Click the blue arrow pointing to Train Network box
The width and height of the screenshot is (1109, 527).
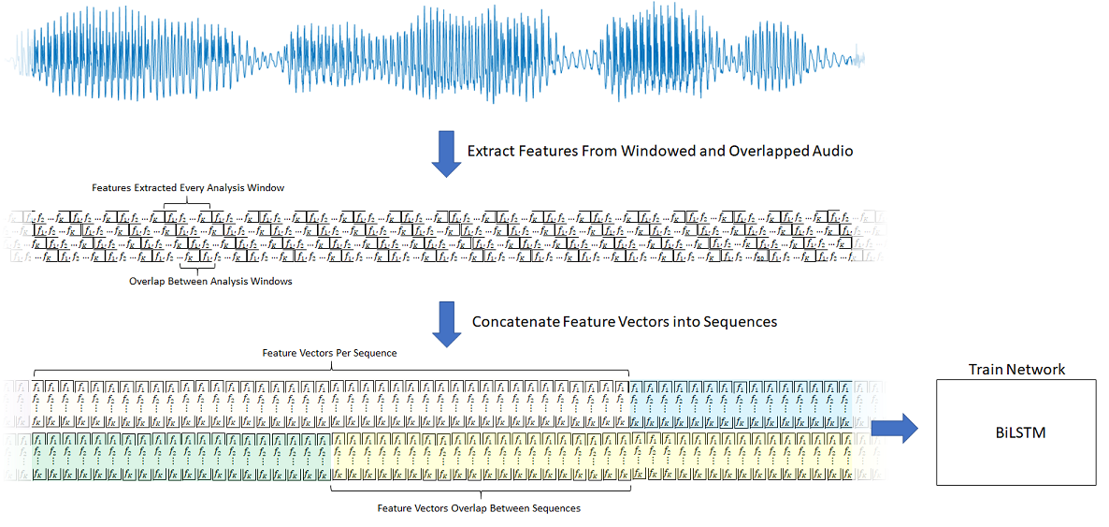pyautogui.click(x=894, y=430)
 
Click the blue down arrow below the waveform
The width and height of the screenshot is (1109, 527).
pyautogui.click(x=445, y=154)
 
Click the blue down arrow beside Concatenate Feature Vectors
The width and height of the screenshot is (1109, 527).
pyautogui.click(x=445, y=324)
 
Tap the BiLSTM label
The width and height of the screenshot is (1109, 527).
pyautogui.click(x=1015, y=432)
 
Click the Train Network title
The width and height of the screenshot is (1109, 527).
pyautogui.click(x=1015, y=369)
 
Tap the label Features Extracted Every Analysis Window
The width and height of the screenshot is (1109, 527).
pyautogui.click(x=188, y=187)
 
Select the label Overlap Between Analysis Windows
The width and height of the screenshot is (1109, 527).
pyautogui.click(x=210, y=281)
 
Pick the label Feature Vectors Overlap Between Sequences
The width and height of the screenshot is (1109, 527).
pyautogui.click(x=479, y=508)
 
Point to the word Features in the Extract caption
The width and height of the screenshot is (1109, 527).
pyautogui.click(x=552, y=150)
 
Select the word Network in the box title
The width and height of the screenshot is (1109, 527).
pyautogui.click(x=1035, y=369)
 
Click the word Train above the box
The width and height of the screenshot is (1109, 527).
pyautogui.click(x=985, y=369)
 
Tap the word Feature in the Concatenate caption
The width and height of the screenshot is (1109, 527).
pyautogui.click(x=590, y=321)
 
